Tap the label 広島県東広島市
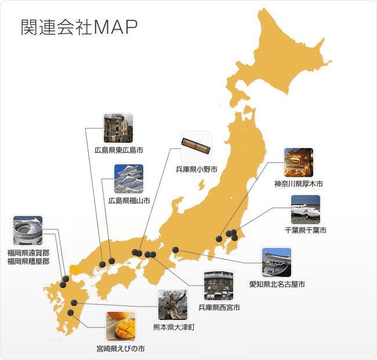point(119,150)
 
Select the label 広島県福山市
point(129,201)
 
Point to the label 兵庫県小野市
point(197,170)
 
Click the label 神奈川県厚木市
point(298,184)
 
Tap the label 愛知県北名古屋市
point(277,284)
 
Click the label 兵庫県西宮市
point(218,307)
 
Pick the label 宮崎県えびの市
point(121,348)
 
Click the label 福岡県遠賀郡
point(28,253)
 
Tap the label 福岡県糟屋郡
point(28,261)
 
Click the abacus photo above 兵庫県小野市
point(196,147)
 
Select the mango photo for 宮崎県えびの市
point(121,326)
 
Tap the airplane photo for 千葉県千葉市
point(305,209)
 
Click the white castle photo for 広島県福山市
point(129,179)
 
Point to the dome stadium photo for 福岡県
point(28,231)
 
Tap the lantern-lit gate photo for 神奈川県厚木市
point(298,163)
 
